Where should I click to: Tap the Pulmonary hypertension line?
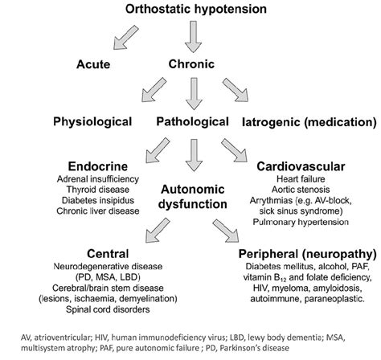292,220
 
